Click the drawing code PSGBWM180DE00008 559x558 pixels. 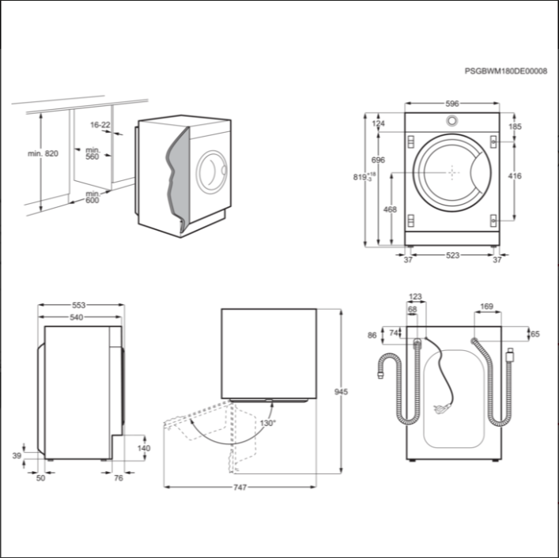pyautogui.click(x=505, y=71)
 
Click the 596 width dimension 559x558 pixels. pyautogui.click(x=452, y=104)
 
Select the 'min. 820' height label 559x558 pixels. pyautogui.click(x=43, y=153)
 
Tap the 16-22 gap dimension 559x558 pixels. pyautogui.click(x=100, y=125)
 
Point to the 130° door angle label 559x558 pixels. pyautogui.click(x=268, y=423)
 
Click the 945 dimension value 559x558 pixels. pyautogui.click(x=341, y=392)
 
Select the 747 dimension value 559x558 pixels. pyautogui.click(x=240, y=487)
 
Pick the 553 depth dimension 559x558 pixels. pyautogui.click(x=79, y=305)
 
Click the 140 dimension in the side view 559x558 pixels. pyautogui.click(x=144, y=448)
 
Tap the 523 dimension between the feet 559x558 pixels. pyautogui.click(x=453, y=255)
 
